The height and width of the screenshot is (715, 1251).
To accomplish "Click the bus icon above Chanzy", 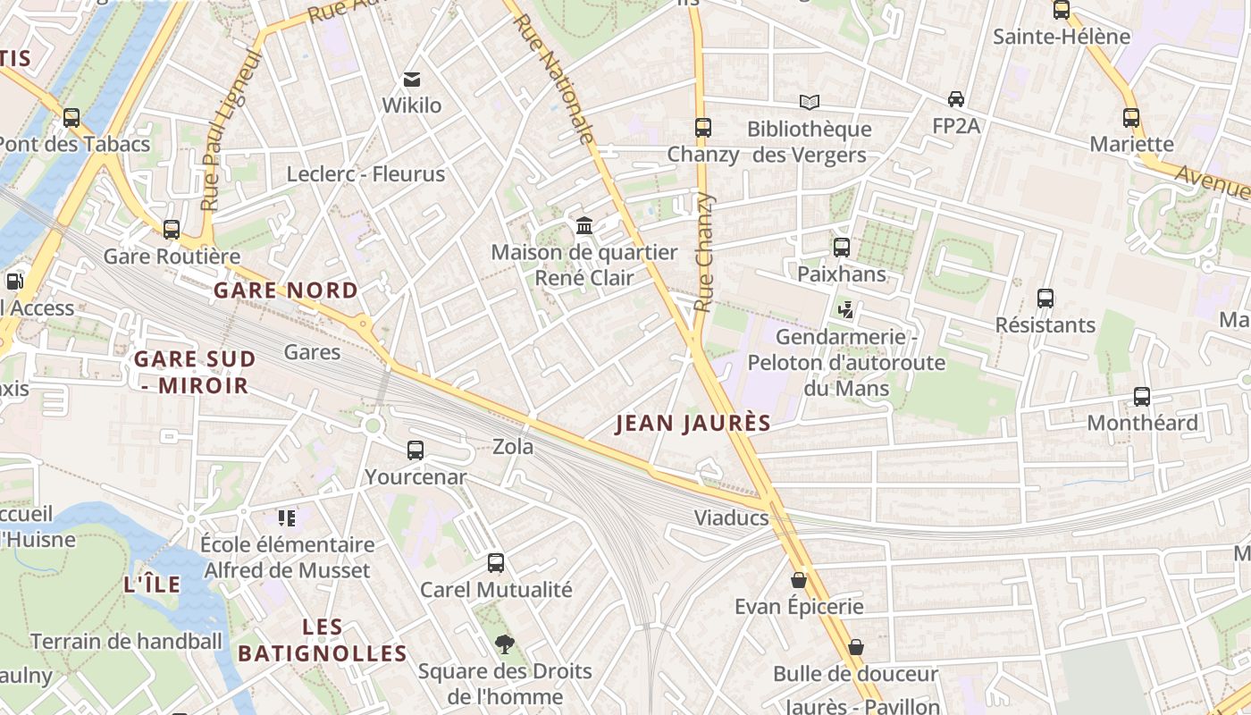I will [x=703, y=128].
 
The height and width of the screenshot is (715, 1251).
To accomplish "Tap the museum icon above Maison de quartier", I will [x=584, y=225].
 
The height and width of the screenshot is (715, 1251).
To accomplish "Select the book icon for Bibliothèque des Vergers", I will [x=809, y=103].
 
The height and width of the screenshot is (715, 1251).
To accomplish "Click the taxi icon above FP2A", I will [x=956, y=99].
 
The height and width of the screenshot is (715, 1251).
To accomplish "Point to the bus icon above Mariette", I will [x=1131, y=118].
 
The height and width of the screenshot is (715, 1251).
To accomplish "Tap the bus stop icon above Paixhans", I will [x=842, y=248].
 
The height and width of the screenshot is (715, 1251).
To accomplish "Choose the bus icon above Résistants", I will [x=1045, y=299].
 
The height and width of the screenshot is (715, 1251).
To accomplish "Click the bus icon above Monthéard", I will [x=1142, y=397].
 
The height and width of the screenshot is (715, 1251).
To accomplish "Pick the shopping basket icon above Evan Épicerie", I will [x=799, y=580].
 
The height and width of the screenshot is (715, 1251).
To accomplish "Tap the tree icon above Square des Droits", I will [x=505, y=644].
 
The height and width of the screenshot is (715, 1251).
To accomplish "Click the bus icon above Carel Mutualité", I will [x=496, y=563].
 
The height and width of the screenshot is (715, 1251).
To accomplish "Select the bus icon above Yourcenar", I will [x=416, y=450].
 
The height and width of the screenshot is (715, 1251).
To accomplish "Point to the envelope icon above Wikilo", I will [x=412, y=80].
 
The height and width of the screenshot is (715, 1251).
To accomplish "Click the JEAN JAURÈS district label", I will [x=693, y=424].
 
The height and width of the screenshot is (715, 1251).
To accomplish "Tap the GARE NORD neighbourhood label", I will [x=286, y=290].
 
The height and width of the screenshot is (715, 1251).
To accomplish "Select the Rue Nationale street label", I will [x=555, y=78].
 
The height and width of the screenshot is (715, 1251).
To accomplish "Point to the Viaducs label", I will [x=732, y=518].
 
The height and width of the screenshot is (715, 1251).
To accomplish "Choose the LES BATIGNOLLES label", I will [x=323, y=640].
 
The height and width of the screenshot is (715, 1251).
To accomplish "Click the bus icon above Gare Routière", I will [x=172, y=230].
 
